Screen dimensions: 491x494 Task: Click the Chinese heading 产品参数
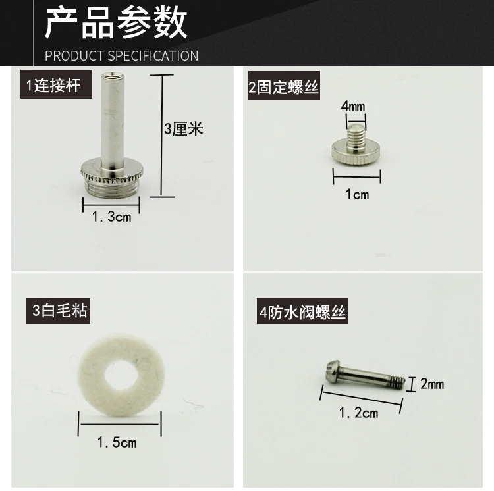pos(116,24)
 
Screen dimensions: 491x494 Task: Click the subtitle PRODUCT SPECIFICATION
pos(121,55)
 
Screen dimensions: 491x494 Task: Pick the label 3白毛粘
pos(60,309)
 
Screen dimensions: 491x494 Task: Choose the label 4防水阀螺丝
pos(302,313)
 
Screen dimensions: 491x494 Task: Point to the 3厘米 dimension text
pos(184,128)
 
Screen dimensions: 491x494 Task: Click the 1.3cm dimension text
pos(111,217)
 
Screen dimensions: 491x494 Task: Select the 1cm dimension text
pos(357,194)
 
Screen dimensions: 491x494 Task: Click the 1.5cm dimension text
pos(117,442)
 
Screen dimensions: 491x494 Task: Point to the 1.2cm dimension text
pos(358,413)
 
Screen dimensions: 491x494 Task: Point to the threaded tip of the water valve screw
pos(395,381)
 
